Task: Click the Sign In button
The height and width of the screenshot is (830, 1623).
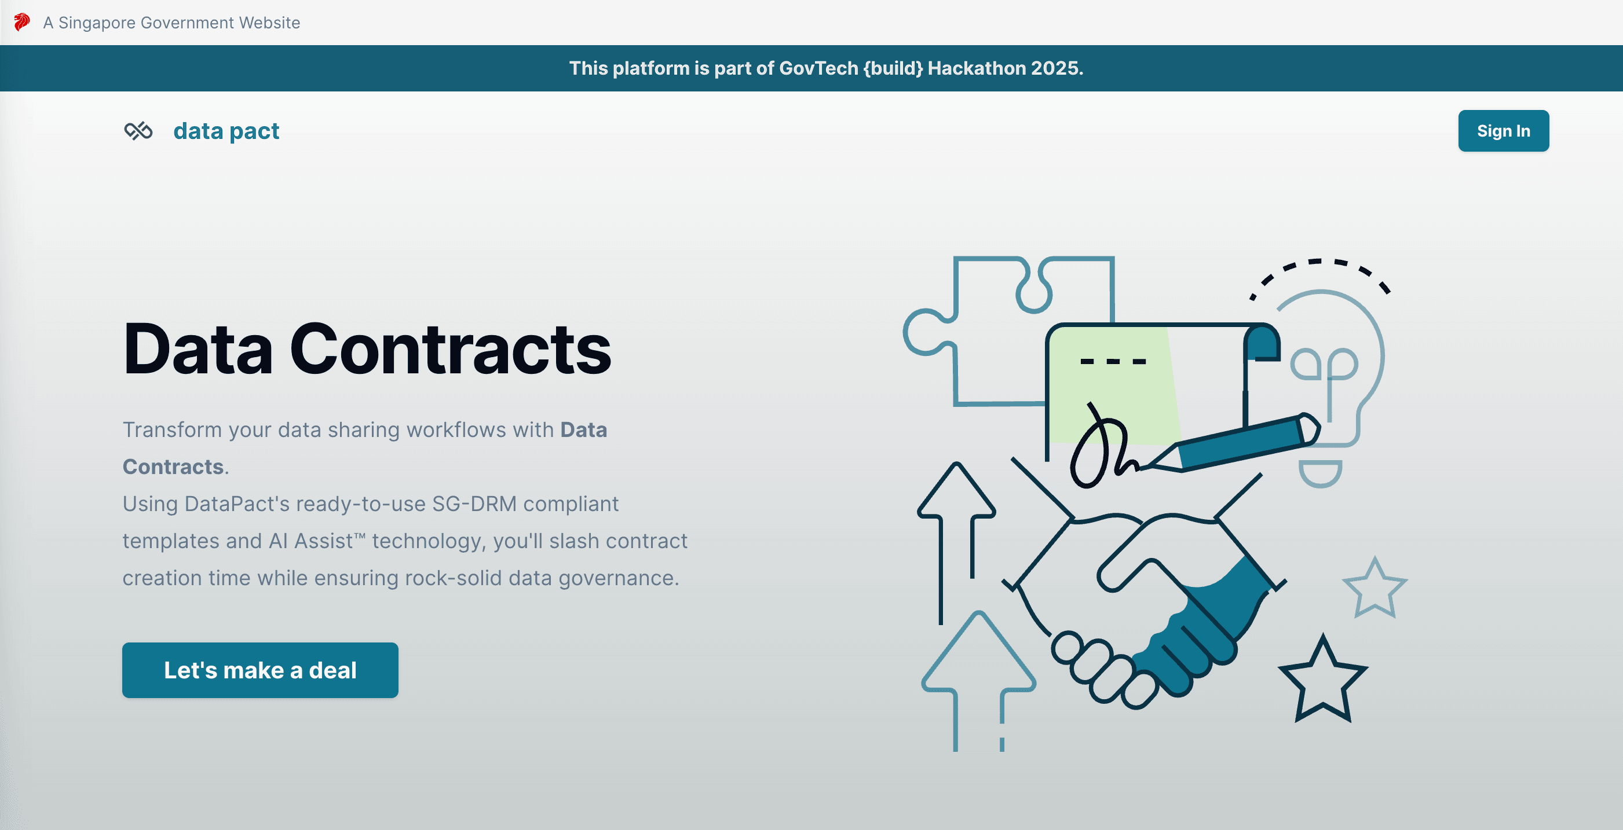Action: [x=1503, y=131]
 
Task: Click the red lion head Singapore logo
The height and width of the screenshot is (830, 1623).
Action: [x=22, y=23]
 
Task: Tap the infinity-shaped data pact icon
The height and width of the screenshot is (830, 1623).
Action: [x=138, y=131]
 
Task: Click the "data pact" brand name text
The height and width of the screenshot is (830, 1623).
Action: [x=226, y=131]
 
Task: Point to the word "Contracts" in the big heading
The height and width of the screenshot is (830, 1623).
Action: [x=450, y=350]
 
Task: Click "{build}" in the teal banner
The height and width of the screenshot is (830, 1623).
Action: [x=893, y=68]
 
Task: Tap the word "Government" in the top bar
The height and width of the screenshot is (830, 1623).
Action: [x=188, y=23]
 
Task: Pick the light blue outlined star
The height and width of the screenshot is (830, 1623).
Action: [x=1374, y=589]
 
